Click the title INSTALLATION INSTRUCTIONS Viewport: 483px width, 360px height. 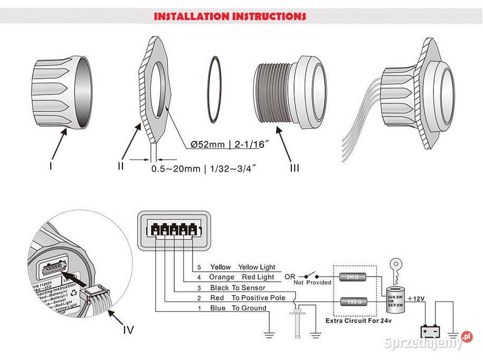[x=230, y=16]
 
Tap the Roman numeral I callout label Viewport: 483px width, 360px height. [x=51, y=166]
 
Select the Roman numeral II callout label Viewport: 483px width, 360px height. [x=121, y=166]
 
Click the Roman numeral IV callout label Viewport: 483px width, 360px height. [x=128, y=330]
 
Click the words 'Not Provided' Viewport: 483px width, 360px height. [x=312, y=282]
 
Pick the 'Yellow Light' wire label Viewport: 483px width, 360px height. [x=257, y=268]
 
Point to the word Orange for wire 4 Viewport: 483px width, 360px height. [x=222, y=277]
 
